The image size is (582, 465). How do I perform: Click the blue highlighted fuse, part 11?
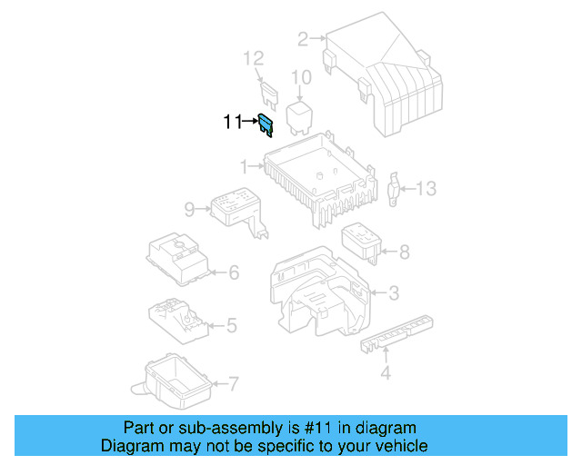pyautogui.click(x=266, y=124)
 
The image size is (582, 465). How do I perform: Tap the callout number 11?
pyautogui.click(x=233, y=121)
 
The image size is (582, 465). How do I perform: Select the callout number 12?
pyautogui.click(x=253, y=59)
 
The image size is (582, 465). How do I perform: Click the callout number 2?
pyautogui.click(x=303, y=38)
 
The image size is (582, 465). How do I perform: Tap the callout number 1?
pyautogui.click(x=244, y=166)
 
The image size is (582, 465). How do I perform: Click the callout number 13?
pyautogui.click(x=426, y=188)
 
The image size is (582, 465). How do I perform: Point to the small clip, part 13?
pyautogui.click(x=396, y=187)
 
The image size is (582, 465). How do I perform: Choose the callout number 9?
pyautogui.click(x=189, y=210)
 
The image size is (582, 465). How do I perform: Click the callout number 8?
pyautogui.click(x=404, y=252)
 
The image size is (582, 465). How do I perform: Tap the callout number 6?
pyautogui.click(x=233, y=272)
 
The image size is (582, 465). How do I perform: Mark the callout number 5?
pyautogui.click(x=232, y=324)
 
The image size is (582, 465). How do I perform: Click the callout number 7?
pyautogui.click(x=234, y=383)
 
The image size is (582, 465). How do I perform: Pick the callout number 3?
pyautogui.click(x=393, y=293)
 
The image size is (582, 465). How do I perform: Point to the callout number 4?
pyautogui.click(x=385, y=373)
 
